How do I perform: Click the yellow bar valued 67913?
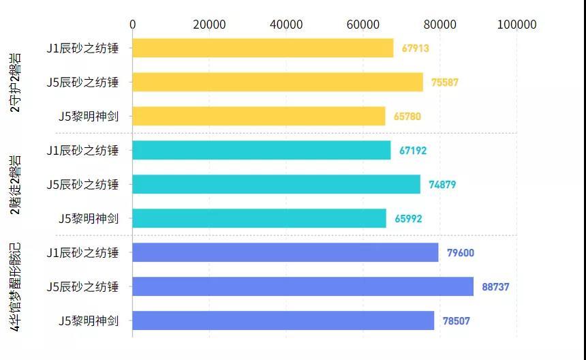pos(263,48)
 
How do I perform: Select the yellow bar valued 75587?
pos(278,82)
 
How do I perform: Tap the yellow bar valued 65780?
pos(259,116)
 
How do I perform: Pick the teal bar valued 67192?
pos(262,150)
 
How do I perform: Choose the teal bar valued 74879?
pos(276,184)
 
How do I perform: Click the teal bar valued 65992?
pos(259,218)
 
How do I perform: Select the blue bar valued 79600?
pos(285,252)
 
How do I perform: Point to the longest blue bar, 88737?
pos(303,286)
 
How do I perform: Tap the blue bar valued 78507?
pos(283,320)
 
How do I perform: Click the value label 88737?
pos(495,287)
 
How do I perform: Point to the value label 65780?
pos(407,117)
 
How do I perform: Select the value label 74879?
pos(442,184)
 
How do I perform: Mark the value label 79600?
pos(461,253)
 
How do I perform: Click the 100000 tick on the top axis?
pos(517,25)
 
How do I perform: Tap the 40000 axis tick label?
pos(286,25)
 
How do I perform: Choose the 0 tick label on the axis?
pos(133,25)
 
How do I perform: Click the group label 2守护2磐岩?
pos(15,82)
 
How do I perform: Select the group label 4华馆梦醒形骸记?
pos(15,287)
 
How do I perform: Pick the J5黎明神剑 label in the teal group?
pos(89,218)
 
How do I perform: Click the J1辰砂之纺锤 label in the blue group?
pos(82,253)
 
